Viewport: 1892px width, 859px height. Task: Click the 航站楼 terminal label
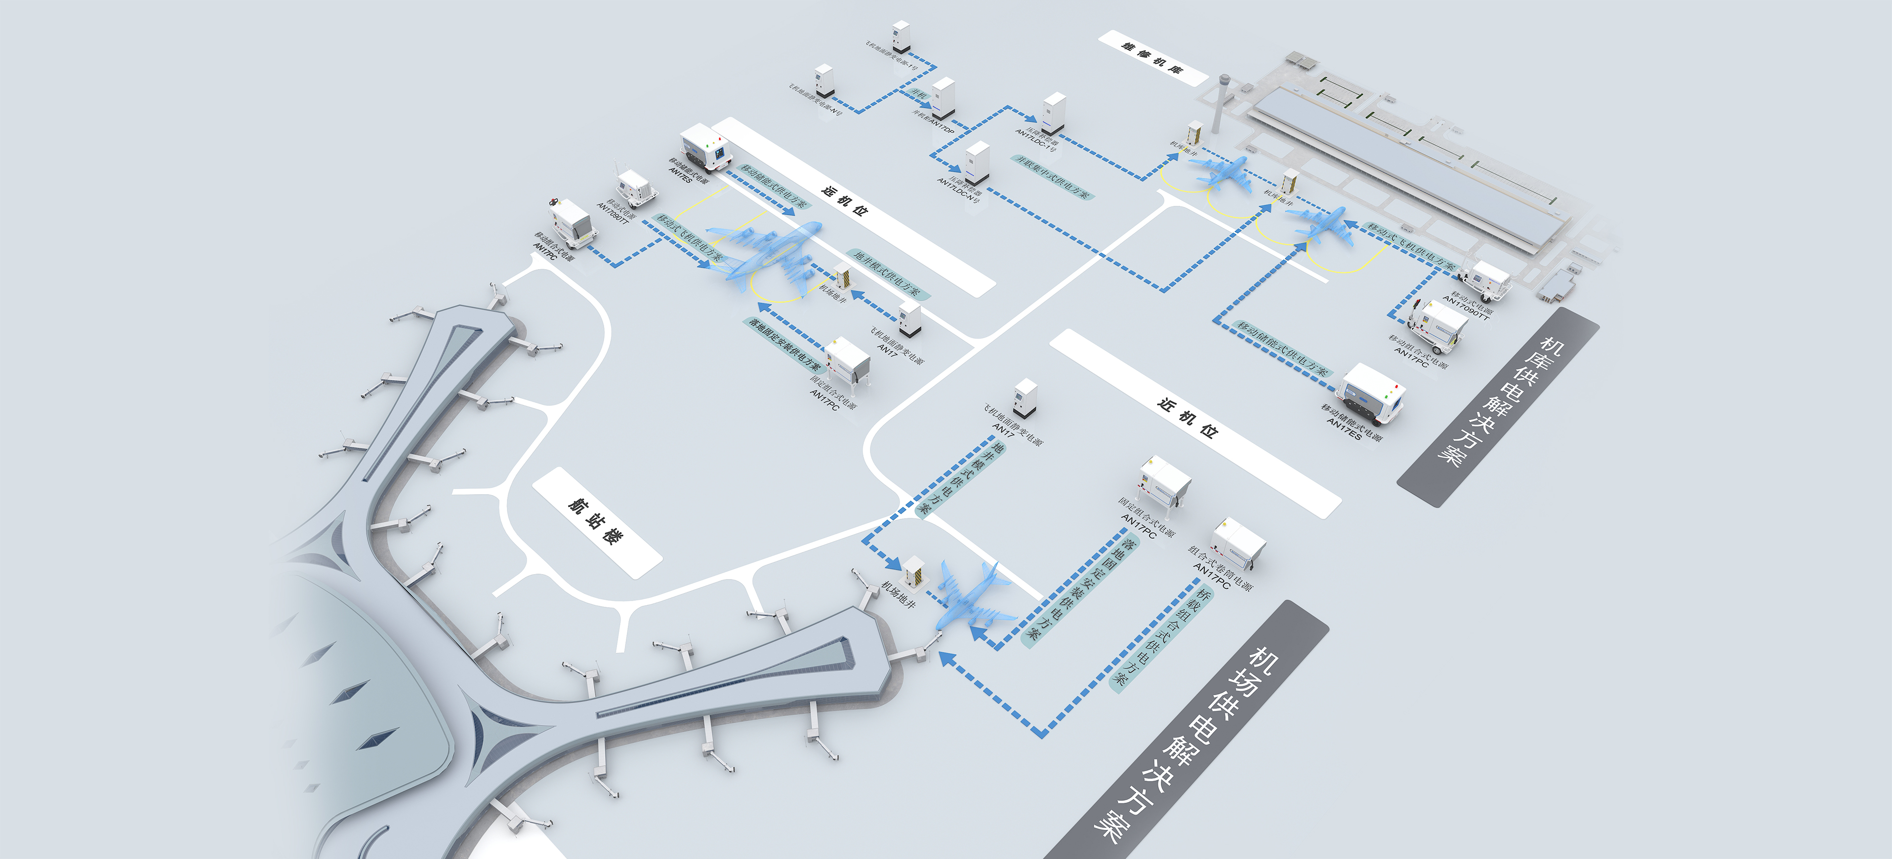tap(596, 522)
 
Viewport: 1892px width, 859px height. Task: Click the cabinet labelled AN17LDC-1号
tap(1053, 113)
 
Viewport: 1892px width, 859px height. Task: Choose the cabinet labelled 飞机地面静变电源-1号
tap(901, 37)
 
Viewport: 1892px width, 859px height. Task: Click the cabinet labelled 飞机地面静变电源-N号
tap(824, 81)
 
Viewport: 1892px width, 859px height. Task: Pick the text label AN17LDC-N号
tap(958, 190)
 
